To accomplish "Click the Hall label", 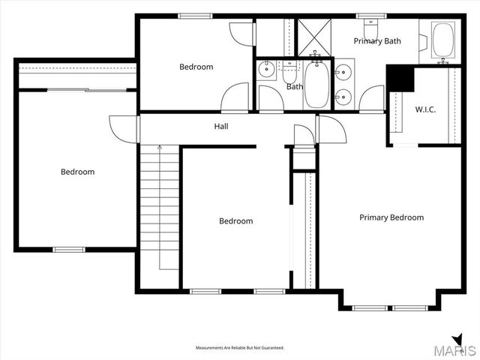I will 221,127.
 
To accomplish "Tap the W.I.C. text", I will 425,109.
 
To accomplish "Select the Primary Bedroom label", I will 391,217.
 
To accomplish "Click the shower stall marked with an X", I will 315,36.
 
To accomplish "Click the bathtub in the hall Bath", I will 315,85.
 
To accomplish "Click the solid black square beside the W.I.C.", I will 400,78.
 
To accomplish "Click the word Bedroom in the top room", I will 196,67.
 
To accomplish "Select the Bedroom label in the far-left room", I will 77,172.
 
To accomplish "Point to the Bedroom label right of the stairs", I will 235,221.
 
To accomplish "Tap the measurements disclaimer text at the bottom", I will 240,348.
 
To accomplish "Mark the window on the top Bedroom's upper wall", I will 195,16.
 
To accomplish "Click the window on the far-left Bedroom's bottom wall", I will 69,249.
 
